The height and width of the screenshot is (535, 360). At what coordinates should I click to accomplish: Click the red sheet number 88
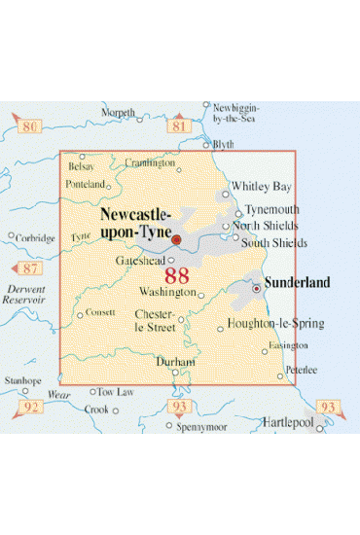[177, 275]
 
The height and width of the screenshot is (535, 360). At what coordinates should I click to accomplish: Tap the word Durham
[176, 361]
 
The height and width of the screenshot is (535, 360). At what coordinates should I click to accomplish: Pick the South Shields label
[274, 242]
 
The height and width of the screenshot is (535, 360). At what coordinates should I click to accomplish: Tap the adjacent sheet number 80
[30, 126]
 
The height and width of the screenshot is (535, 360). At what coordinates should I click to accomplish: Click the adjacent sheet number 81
[178, 126]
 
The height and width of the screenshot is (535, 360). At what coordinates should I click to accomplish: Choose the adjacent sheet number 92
[30, 407]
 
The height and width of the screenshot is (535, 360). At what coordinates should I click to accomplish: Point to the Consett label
[102, 313]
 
